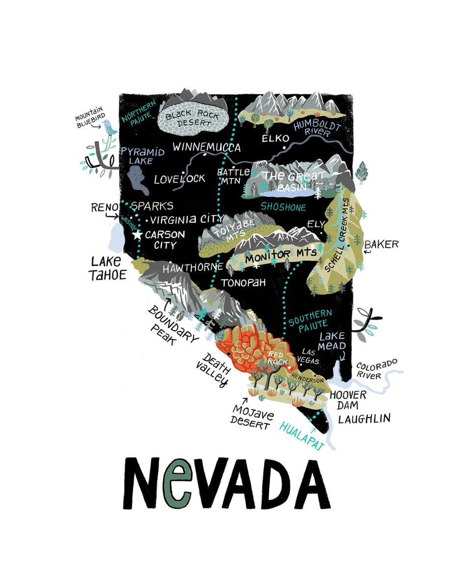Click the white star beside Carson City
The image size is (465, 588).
[x=137, y=235]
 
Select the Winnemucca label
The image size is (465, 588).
[x=207, y=147]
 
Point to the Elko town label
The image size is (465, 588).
[x=275, y=139]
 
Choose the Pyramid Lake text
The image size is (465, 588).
[x=142, y=155]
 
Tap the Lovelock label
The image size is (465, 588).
[x=180, y=179]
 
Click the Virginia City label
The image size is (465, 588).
[x=187, y=219]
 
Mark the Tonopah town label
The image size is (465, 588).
[x=243, y=283]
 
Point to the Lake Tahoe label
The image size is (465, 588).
[x=107, y=268]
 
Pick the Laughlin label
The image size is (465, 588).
[x=364, y=418]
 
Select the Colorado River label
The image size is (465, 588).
[x=376, y=370]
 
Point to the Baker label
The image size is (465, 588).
[x=382, y=244]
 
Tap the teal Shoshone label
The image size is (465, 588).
[x=283, y=207]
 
